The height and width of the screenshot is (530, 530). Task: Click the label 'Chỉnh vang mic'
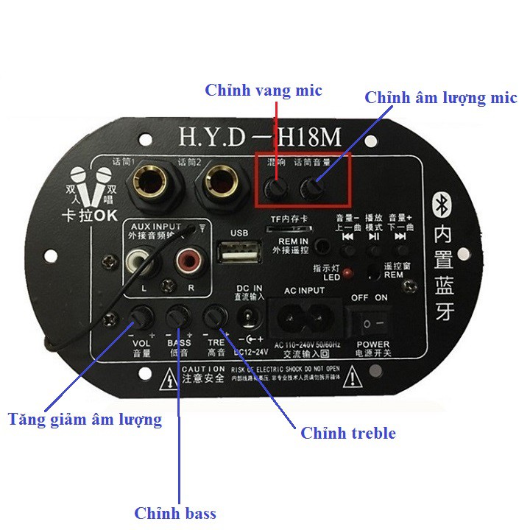[x=264, y=91]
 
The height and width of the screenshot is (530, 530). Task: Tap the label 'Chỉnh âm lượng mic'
[x=441, y=98]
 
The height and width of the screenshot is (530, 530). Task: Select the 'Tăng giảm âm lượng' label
[x=85, y=420]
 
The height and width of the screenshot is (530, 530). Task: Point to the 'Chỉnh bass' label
[x=175, y=513]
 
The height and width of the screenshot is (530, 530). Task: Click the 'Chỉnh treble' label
[x=348, y=433]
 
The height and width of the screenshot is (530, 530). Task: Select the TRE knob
[x=214, y=317]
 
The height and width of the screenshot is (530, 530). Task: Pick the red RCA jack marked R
[x=187, y=261]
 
